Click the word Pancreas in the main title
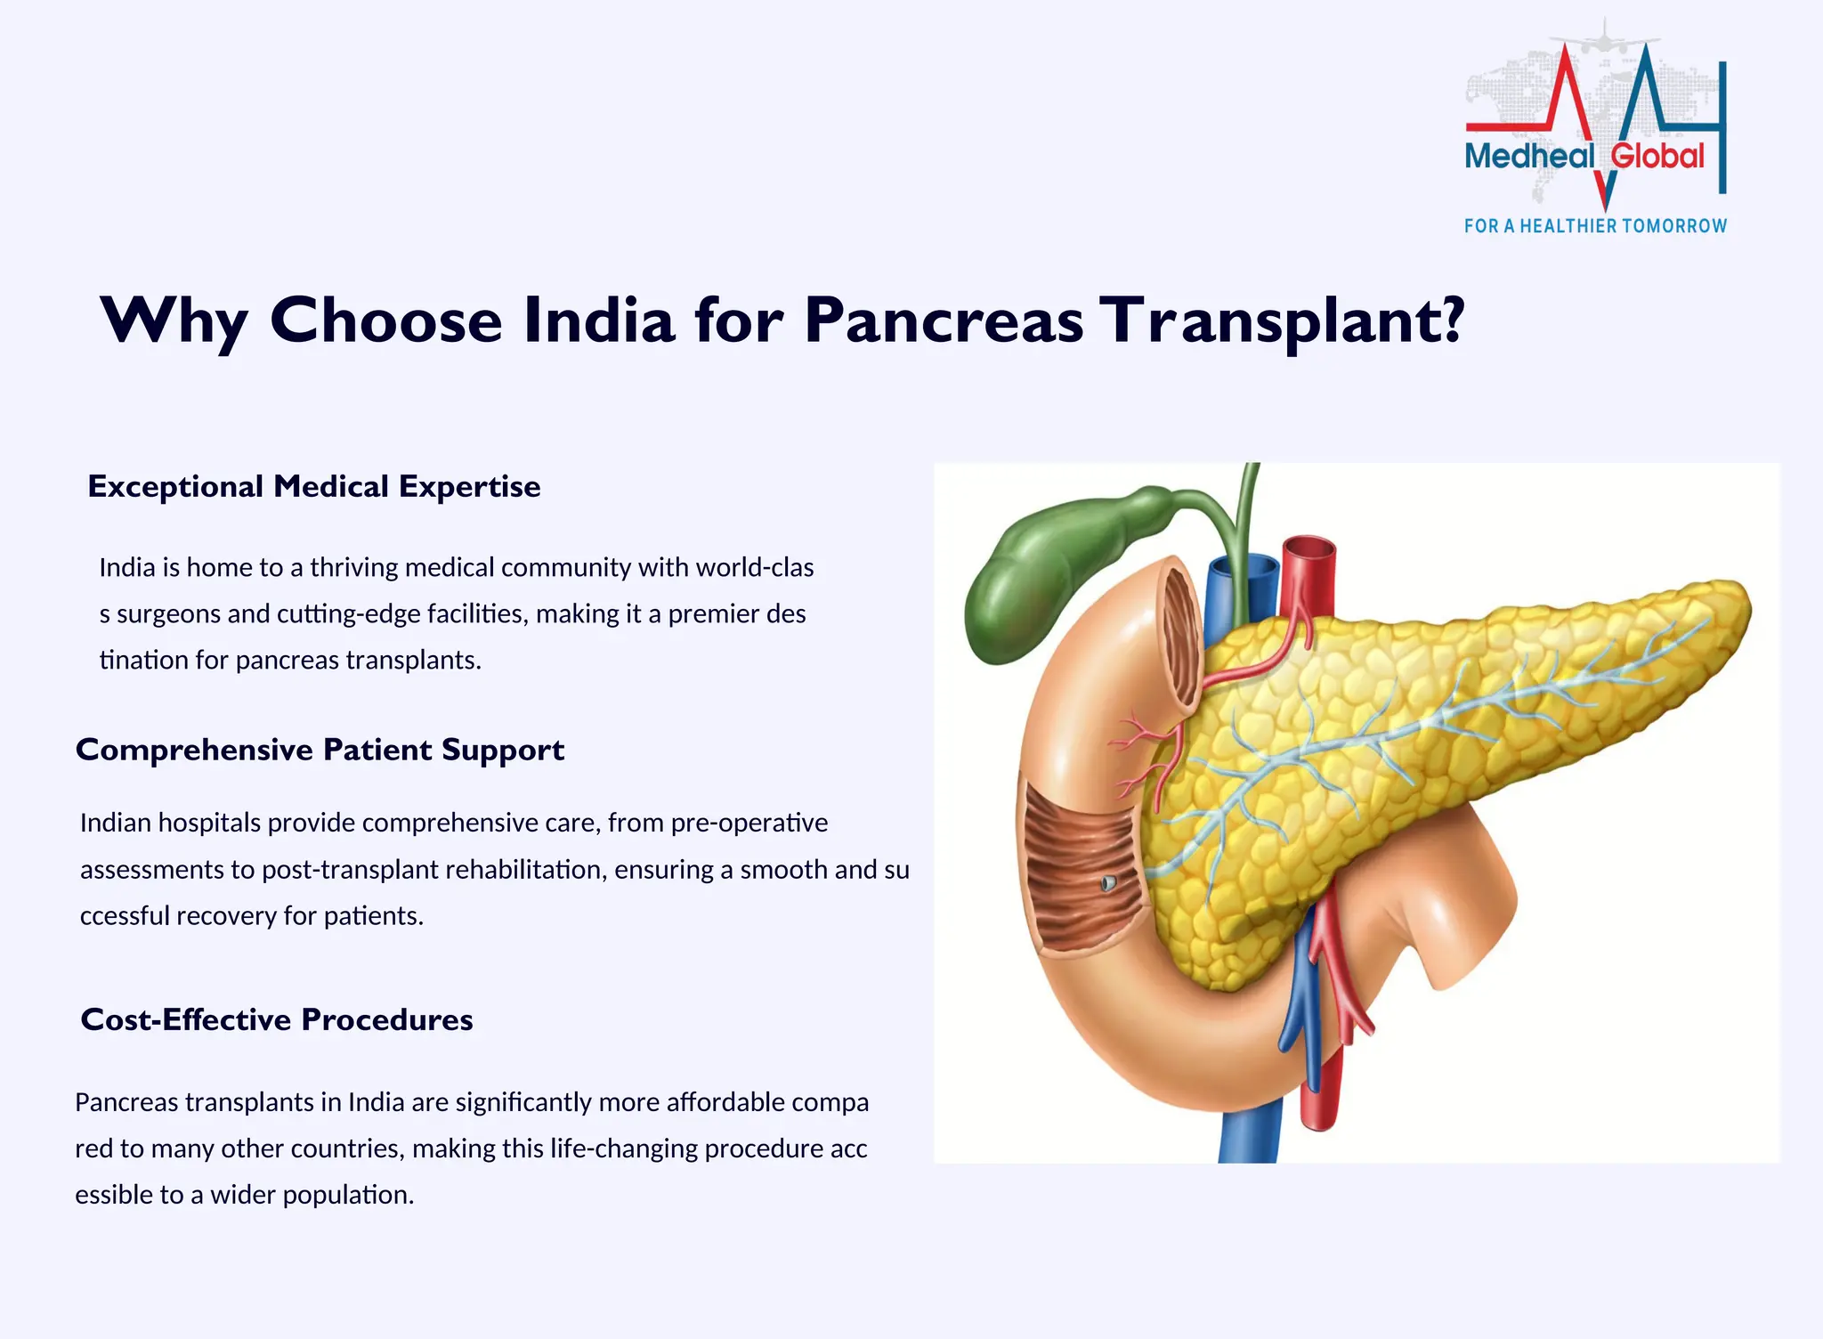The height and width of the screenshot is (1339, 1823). tap(944, 321)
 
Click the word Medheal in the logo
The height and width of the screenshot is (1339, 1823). tap(1529, 157)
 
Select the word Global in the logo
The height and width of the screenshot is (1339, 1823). tap(1657, 157)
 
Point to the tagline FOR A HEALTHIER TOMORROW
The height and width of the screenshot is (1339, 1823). tap(1595, 226)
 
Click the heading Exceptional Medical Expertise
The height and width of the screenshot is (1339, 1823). tap(313, 487)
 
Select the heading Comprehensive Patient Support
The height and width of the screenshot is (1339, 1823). tap(320, 750)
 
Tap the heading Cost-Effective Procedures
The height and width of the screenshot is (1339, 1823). tap(276, 1019)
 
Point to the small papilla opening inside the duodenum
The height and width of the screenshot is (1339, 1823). tap(1108, 883)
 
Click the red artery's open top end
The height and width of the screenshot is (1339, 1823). tap(1309, 545)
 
